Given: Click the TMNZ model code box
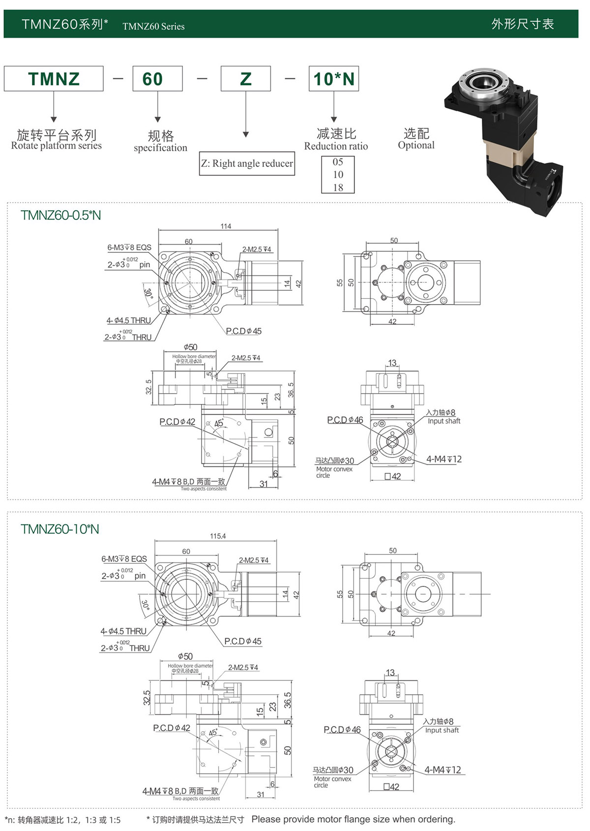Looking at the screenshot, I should (54, 79).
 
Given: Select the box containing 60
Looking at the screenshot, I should (157, 79).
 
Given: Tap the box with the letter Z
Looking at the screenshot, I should (246, 79).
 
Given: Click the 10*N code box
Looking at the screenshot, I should (334, 79).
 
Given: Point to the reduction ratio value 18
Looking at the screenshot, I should (338, 187).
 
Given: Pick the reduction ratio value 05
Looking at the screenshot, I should (338, 162).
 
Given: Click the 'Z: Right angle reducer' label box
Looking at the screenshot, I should (247, 164).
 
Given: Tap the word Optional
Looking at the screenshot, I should (416, 145).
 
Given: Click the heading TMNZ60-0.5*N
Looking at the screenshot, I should (61, 215).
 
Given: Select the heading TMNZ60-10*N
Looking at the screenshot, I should (60, 529).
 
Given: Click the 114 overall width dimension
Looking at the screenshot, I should (226, 226).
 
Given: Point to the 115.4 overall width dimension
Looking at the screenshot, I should (218, 536).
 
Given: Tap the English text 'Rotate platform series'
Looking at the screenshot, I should (57, 146).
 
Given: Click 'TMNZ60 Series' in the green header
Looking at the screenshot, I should (153, 27).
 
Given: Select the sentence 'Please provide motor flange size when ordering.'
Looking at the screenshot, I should (354, 819).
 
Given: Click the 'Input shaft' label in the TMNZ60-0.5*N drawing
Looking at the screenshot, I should (444, 421).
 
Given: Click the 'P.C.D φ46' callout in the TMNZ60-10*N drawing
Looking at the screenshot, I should (342, 730).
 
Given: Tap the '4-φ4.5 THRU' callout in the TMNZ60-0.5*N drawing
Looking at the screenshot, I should (129, 321).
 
